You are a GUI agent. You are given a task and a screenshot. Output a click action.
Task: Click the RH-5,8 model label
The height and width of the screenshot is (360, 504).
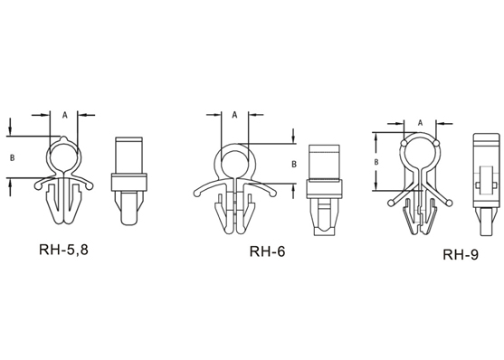[63, 250]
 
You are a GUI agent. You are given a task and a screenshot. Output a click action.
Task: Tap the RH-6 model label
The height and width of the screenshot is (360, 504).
[267, 251]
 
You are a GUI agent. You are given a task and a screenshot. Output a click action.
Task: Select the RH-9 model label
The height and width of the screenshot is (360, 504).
[461, 254]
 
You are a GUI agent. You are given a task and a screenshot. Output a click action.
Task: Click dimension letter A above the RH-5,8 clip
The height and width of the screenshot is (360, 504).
[65, 115]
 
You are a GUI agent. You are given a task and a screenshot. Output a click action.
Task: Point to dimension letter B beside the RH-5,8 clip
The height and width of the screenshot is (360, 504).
[12, 157]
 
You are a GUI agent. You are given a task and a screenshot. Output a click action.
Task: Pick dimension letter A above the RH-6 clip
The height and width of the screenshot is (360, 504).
[234, 115]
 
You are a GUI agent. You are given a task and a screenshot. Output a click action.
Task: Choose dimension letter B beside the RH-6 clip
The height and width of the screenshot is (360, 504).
[294, 164]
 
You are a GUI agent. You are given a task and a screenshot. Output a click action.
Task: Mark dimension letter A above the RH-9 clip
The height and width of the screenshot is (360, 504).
[420, 122]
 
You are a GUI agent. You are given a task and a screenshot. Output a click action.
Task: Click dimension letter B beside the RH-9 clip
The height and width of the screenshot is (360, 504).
[376, 162]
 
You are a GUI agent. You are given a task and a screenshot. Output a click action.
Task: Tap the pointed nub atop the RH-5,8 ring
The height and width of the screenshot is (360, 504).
[64, 138]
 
